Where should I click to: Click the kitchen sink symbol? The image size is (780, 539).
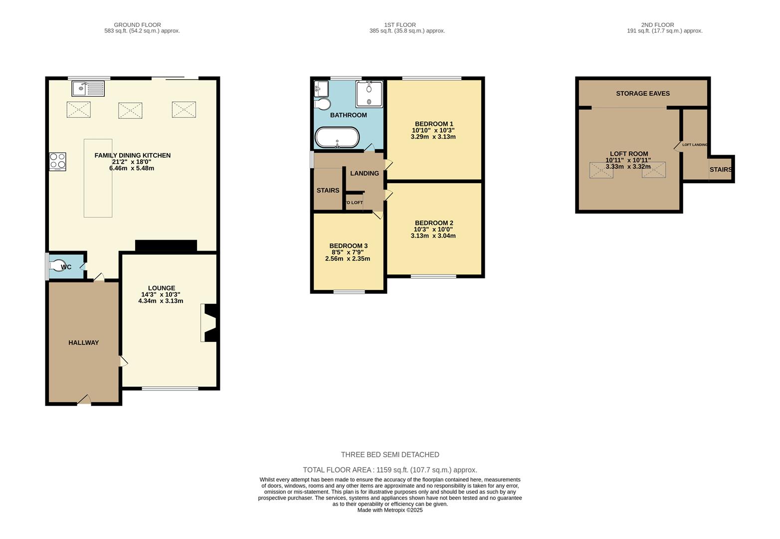[x=88, y=89]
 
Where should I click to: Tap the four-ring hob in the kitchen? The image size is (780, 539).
[x=57, y=162]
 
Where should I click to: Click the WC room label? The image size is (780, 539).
[x=66, y=267]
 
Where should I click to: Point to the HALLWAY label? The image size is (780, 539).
[x=83, y=343]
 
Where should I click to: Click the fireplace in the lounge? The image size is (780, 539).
[x=208, y=323]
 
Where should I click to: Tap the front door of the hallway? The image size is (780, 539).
[x=84, y=400]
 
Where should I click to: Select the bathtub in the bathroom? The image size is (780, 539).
[x=337, y=138]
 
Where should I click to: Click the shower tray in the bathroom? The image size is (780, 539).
[x=369, y=94]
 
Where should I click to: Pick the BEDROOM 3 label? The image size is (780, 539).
[x=348, y=246]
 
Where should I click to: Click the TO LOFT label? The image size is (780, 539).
[x=354, y=203]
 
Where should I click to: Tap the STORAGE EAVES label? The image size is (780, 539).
[x=642, y=93]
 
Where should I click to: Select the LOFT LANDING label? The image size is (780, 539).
[x=694, y=145]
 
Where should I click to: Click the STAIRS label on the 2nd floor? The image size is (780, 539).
[x=720, y=170]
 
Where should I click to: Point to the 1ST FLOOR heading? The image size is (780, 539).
[x=399, y=25]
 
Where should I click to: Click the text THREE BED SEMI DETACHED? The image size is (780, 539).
[x=390, y=455]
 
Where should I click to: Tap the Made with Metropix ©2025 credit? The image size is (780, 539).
[x=390, y=510]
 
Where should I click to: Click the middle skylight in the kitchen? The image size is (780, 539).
[x=130, y=110]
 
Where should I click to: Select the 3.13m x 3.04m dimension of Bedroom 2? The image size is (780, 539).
[x=433, y=236]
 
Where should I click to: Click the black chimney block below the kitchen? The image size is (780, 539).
[x=166, y=246]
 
